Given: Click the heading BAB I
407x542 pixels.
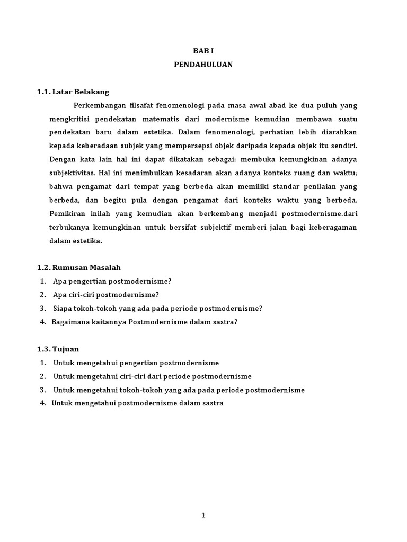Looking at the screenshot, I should (x=203, y=51).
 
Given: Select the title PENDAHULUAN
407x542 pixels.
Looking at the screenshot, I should (x=203, y=65).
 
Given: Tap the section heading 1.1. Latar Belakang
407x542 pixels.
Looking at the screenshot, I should (x=73, y=92).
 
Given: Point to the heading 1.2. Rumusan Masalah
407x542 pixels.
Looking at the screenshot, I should (x=82, y=267).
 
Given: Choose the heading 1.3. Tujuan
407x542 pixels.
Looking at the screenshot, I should (x=58, y=349).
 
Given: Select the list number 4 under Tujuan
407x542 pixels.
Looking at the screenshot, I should (x=42, y=403).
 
